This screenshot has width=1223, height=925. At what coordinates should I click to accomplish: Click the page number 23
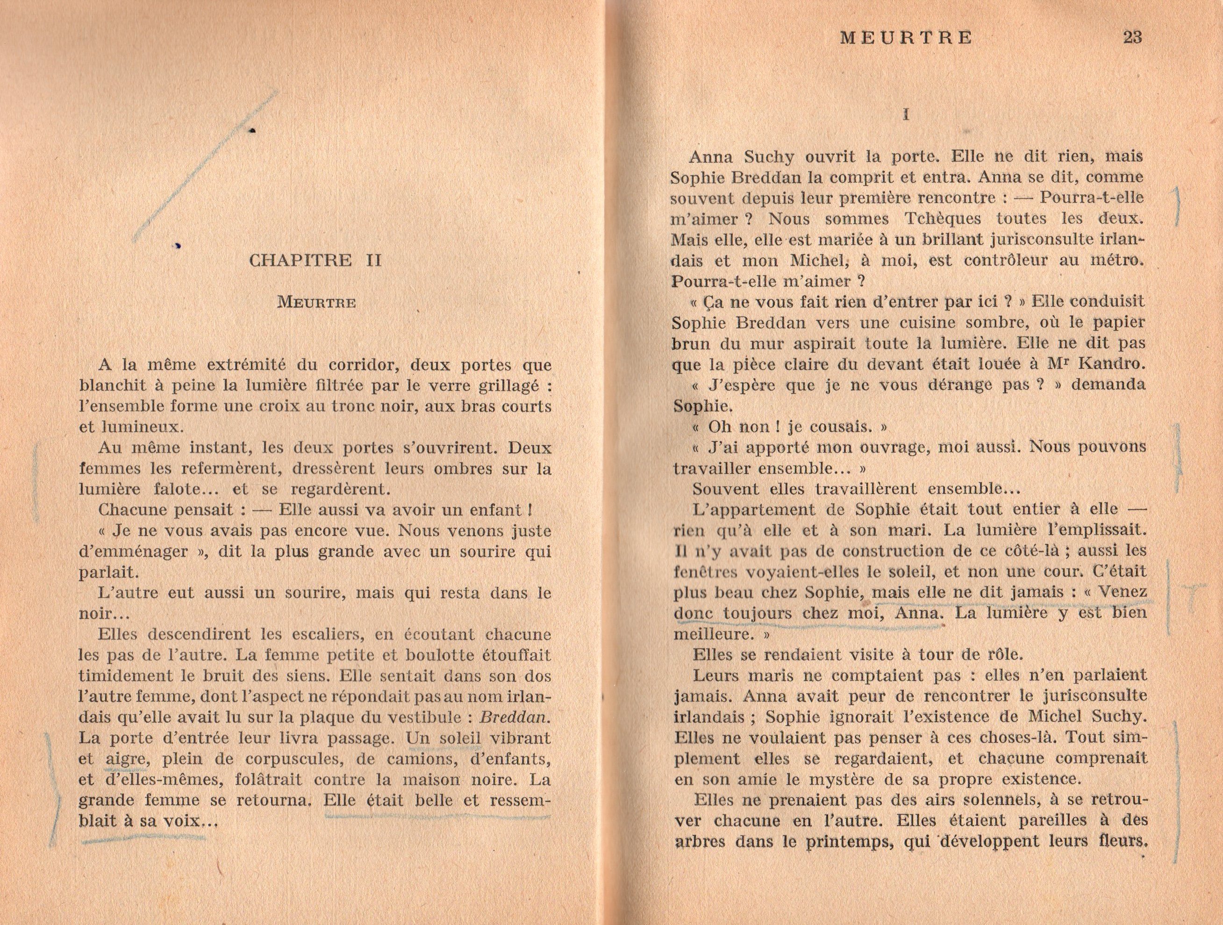tap(1132, 37)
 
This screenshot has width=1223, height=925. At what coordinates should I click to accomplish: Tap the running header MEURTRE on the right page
tap(906, 37)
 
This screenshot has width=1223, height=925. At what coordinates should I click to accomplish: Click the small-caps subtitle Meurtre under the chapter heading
tap(316, 302)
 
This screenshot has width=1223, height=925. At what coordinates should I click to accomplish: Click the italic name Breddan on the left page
tap(515, 717)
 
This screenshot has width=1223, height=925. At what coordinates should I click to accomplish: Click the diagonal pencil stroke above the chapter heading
tap(205, 166)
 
